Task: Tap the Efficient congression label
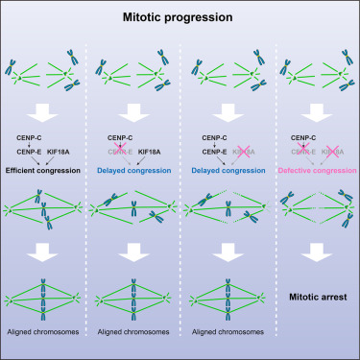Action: [47, 170]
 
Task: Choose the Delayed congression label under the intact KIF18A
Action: [136, 170]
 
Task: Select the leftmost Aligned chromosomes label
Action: [47, 343]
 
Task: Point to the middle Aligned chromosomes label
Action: [135, 343]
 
